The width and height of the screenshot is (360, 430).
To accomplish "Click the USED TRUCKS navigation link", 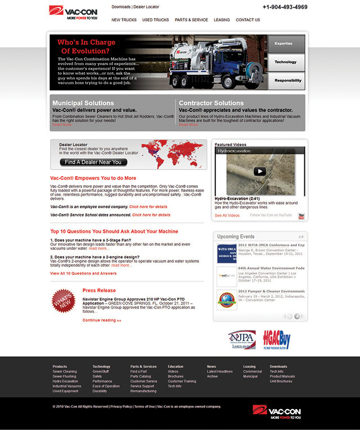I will [155, 20].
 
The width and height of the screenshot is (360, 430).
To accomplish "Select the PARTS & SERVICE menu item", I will [191, 20].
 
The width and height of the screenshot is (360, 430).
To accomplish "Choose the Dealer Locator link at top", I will [146, 7].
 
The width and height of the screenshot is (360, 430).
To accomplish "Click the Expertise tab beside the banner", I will [286, 43].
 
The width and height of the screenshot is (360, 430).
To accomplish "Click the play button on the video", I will [259, 172].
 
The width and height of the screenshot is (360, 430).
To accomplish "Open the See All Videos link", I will [227, 216].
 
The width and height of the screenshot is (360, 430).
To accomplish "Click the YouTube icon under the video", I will [301, 216].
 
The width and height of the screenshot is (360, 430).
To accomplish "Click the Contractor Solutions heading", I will [211, 103].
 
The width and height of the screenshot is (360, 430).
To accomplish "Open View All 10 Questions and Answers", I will [83, 274].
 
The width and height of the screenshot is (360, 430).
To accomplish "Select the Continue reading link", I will [102, 320].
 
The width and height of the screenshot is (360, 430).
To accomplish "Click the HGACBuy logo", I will [276, 339].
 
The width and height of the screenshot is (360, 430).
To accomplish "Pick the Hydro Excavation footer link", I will [65, 381].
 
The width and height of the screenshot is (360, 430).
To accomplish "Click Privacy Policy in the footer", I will [121, 406].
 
